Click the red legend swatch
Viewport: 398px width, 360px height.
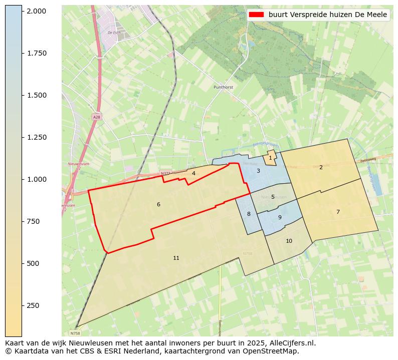pyautogui.click(x=257, y=15)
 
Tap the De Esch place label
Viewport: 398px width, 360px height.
pyautogui.click(x=114, y=33)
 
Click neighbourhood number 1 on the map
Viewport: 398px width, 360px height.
pyautogui.click(x=270, y=158)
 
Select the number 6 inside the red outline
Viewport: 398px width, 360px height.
pyautogui.click(x=158, y=204)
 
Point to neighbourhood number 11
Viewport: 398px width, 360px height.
pyautogui.click(x=176, y=258)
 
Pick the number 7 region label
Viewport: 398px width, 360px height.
pyautogui.click(x=338, y=212)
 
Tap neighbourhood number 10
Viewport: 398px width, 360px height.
pyautogui.click(x=289, y=241)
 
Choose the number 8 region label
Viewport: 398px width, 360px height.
pyautogui.click(x=249, y=214)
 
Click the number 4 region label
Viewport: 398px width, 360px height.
pyautogui.click(x=193, y=173)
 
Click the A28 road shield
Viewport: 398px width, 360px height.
pyautogui.click(x=96, y=117)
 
